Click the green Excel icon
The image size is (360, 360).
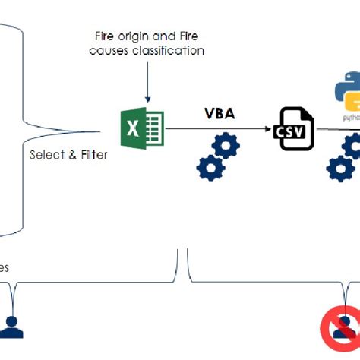click(x=142, y=128)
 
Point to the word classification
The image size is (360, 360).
click(x=170, y=51)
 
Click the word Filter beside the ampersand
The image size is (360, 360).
click(x=92, y=154)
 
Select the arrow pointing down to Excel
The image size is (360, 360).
click(x=148, y=84)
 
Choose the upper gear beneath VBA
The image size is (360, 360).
click(x=226, y=145)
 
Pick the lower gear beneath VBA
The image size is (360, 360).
click(x=209, y=166)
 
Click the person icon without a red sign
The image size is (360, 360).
click(x=11, y=326)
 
